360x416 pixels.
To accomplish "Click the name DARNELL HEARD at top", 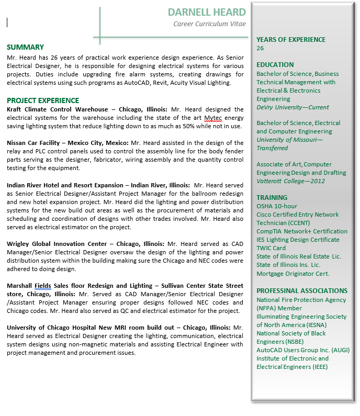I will (207, 12).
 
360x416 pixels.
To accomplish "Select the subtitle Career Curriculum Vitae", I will (209, 24).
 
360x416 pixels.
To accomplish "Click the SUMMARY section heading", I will (25, 47).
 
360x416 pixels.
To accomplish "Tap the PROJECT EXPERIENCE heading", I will (43, 100).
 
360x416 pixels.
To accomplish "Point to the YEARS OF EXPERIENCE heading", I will (290, 39).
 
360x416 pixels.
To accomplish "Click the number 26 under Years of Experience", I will (260, 48).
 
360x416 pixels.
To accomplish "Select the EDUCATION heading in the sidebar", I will (275, 65).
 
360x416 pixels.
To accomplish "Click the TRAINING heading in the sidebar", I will (272, 198).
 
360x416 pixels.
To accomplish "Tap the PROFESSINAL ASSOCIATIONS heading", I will (302, 291).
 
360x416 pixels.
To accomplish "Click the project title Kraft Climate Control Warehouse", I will (58, 109).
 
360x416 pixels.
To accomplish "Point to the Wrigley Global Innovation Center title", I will (58, 243).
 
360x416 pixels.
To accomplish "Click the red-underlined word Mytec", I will (213, 118).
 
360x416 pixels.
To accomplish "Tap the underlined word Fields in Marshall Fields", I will (43, 286).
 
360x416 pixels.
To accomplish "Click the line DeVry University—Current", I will (292, 107).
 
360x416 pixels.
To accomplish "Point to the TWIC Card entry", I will (271, 248).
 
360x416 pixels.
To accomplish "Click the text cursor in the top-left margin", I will (7, 22).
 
